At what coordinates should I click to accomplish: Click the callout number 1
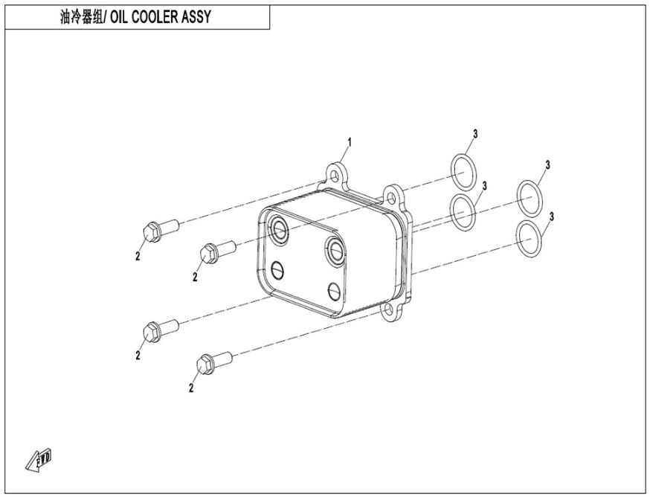tap(350, 143)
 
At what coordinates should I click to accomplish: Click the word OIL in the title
tap(120, 17)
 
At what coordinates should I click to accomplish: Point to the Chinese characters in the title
tap(81, 17)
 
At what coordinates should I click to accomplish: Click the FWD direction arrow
tap(39, 460)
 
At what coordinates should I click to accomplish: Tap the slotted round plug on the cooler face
tap(277, 271)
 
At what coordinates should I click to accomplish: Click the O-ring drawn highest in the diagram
tap(463, 172)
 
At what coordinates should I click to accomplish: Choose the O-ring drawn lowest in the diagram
tap(530, 240)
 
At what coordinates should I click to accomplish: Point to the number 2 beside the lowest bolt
tap(191, 388)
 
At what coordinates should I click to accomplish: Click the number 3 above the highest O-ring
tap(475, 134)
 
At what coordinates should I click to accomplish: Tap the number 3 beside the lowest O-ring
tap(551, 217)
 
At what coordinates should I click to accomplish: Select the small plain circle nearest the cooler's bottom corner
tap(335, 292)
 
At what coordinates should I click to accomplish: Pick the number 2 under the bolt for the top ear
tap(138, 256)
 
